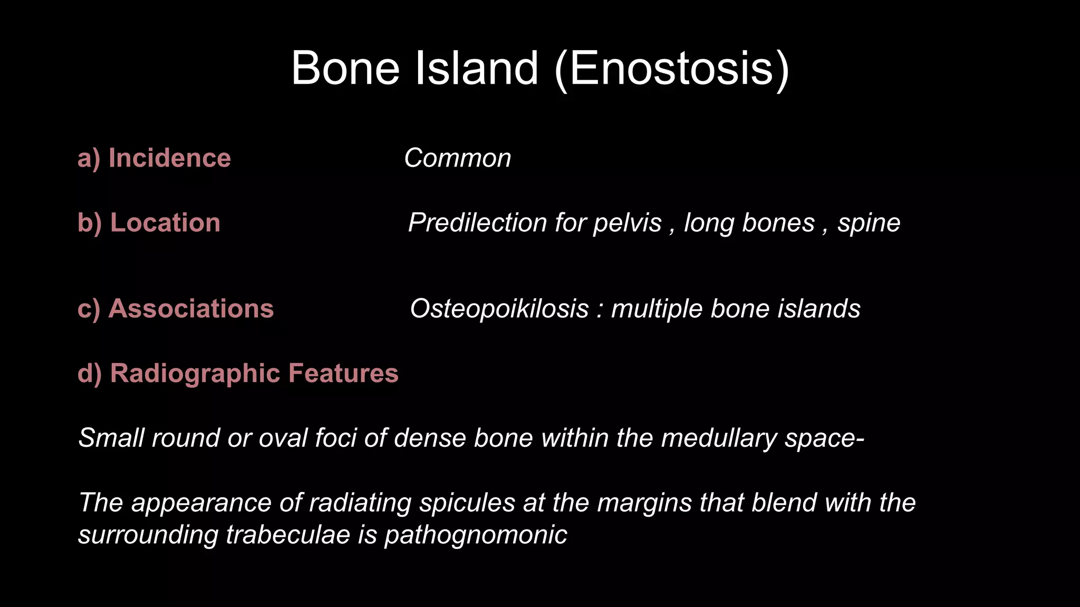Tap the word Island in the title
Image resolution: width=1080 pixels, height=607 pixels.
[477, 68]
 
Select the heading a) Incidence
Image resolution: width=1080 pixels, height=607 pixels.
[154, 158]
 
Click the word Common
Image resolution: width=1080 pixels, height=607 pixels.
[458, 158]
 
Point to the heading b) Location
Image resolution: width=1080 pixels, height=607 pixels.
[149, 222]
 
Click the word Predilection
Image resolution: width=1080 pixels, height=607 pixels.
[477, 223]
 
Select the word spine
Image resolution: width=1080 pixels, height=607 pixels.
[869, 223]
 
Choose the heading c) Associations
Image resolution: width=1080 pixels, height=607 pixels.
[176, 308]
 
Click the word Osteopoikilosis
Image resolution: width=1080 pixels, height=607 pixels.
[499, 309]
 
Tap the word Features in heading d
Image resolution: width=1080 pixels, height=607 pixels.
[343, 373]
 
